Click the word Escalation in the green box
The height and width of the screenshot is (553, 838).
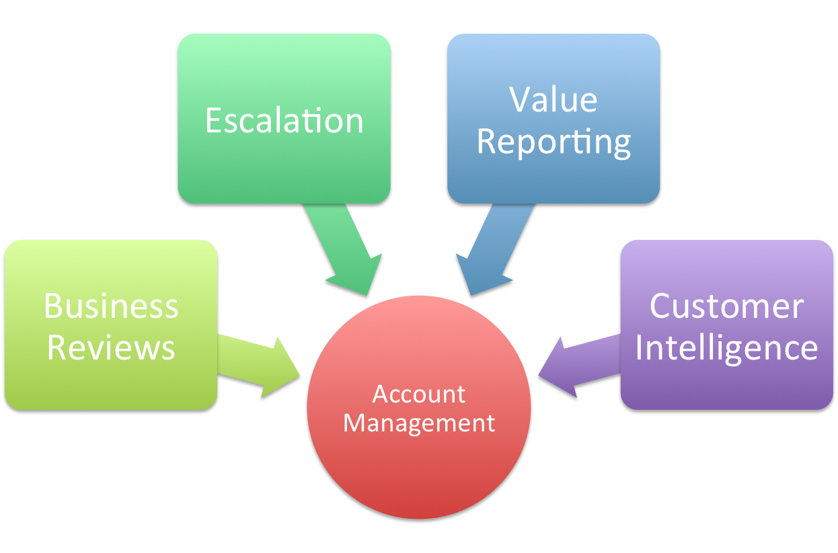284,121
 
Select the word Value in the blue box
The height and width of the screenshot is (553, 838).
553,99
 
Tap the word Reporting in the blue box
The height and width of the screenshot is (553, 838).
554,142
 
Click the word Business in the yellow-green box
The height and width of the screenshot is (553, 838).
111,306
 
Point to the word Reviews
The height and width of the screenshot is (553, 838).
111,348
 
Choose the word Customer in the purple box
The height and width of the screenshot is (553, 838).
726,306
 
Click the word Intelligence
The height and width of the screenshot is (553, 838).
726,348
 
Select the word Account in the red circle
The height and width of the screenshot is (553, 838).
418,394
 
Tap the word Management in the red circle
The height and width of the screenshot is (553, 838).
418,423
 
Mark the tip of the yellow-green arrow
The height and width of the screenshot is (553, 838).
299,372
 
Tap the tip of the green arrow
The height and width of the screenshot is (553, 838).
369,294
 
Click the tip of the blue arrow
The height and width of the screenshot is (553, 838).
471,294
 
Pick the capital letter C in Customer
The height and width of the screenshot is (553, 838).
663,306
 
